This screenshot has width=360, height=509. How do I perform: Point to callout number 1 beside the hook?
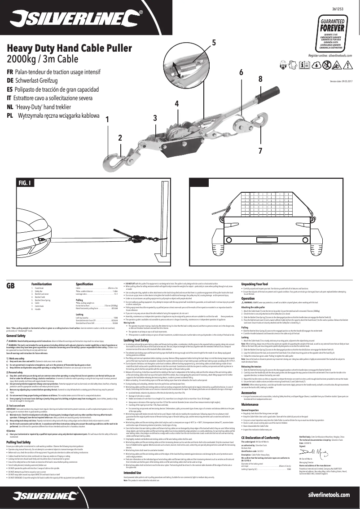[x=107, y=120]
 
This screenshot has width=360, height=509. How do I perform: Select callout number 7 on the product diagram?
[x=260, y=149]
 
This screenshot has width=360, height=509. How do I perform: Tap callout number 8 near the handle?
[x=260, y=79]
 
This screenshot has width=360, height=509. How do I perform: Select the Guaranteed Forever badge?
[x=333, y=33]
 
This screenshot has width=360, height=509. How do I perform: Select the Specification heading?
[x=84, y=285]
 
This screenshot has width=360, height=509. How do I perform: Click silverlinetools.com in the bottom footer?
[x=329, y=494]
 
